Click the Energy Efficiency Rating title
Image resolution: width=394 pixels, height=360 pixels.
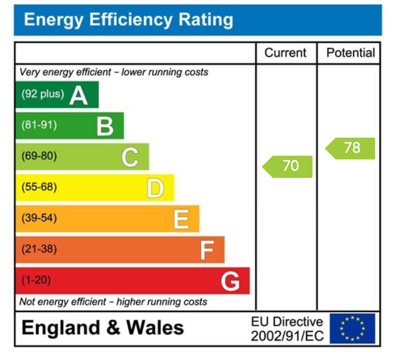(x=129, y=20)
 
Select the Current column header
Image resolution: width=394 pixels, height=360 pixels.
(x=286, y=53)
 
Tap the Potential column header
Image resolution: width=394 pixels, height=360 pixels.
(x=350, y=53)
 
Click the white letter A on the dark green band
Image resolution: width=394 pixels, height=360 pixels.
(x=79, y=95)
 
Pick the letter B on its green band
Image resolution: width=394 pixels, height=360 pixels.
(x=105, y=126)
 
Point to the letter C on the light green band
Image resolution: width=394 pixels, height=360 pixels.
(x=130, y=157)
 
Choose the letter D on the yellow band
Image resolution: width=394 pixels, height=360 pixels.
(x=155, y=188)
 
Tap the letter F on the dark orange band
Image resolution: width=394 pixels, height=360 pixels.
(x=207, y=250)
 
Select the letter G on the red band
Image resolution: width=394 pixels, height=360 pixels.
(x=231, y=281)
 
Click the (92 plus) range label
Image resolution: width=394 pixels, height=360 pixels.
(x=43, y=94)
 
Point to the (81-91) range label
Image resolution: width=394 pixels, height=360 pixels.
(x=39, y=125)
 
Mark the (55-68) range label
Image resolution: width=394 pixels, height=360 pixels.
(x=39, y=187)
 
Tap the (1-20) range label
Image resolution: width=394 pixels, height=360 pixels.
(x=36, y=280)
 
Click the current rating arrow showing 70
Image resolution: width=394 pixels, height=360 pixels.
(x=288, y=166)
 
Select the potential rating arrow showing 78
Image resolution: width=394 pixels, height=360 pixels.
(x=350, y=148)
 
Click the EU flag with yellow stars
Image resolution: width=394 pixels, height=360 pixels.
(x=352, y=329)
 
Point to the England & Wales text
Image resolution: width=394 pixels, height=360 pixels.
(x=103, y=328)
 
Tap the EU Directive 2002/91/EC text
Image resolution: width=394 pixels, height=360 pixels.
(x=287, y=329)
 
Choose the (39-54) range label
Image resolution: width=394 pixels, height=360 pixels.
(x=39, y=218)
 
